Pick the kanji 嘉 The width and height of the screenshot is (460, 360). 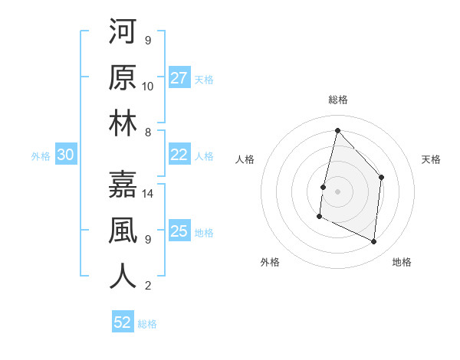pyautogui.click(x=123, y=185)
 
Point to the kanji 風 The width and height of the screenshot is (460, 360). pyautogui.click(x=123, y=231)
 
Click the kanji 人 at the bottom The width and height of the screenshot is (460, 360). pyautogui.click(x=123, y=277)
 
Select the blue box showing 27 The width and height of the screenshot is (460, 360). pyautogui.click(x=179, y=77)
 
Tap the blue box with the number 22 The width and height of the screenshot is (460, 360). pyautogui.click(x=179, y=155)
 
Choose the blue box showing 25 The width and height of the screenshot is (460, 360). pyautogui.click(x=179, y=231)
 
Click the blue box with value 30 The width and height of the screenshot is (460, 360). pyautogui.click(x=65, y=155)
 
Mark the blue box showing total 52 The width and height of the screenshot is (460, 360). pyautogui.click(x=123, y=322)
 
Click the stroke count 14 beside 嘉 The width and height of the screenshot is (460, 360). pyautogui.click(x=149, y=194)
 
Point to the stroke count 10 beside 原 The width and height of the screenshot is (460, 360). pyautogui.click(x=148, y=86)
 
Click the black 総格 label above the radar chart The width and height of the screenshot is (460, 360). pyautogui.click(x=337, y=100)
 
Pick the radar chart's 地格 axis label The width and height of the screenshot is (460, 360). pyautogui.click(x=402, y=262)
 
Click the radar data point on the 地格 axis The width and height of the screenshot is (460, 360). pyautogui.click(x=374, y=242)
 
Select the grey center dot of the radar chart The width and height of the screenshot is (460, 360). pyautogui.click(x=337, y=191)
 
